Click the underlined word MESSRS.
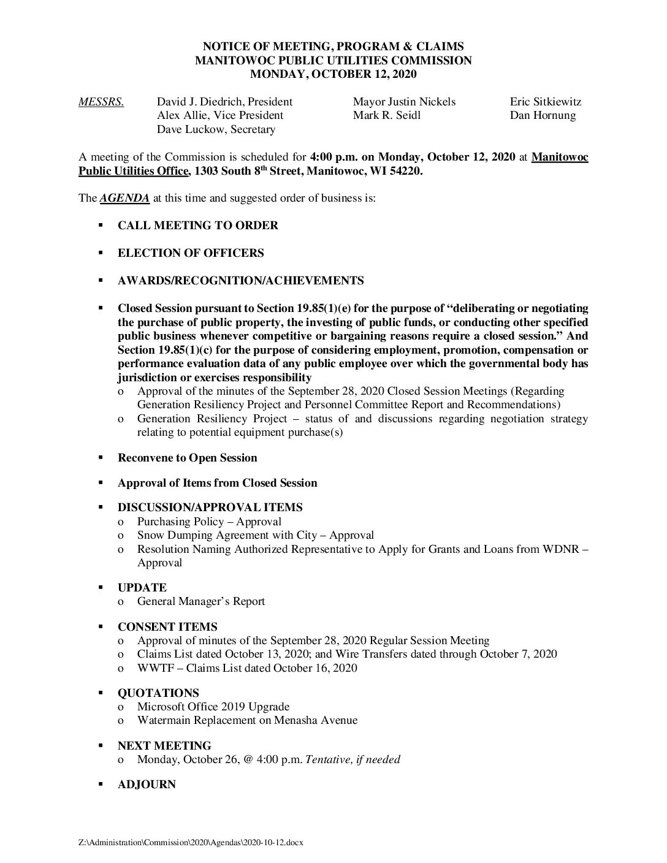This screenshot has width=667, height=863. (x=101, y=102)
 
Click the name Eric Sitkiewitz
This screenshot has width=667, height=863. (x=545, y=102)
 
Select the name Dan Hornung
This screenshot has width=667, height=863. (x=543, y=115)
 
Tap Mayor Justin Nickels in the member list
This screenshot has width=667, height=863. (x=404, y=102)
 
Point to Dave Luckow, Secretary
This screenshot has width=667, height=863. (x=216, y=129)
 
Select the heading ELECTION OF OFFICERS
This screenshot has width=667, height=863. (x=191, y=253)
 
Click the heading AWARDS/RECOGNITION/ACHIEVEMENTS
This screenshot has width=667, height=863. (x=240, y=281)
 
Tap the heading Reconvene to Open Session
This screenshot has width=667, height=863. (x=187, y=458)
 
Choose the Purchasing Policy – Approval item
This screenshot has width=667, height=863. (x=209, y=522)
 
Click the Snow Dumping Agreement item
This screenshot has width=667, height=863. (x=255, y=535)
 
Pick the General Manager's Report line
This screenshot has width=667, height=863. (x=201, y=601)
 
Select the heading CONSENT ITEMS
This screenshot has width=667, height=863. (x=167, y=627)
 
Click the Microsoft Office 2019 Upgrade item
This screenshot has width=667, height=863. (x=213, y=707)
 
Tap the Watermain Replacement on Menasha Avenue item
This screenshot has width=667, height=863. (x=247, y=720)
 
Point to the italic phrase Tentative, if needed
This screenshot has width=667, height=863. (x=353, y=759)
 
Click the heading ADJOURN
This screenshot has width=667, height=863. (x=147, y=785)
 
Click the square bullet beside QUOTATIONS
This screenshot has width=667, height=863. (x=100, y=693)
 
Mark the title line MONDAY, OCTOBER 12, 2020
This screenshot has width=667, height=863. (x=333, y=74)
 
